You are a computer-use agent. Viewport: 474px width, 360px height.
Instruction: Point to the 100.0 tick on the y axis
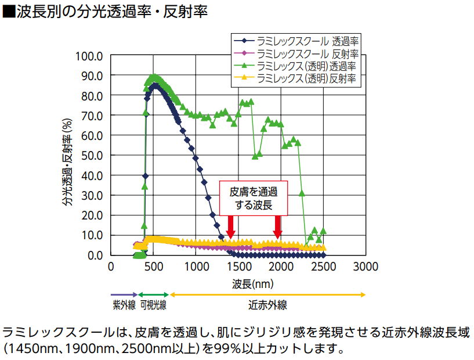(89, 56)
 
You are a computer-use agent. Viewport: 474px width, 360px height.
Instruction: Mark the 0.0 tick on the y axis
(94, 255)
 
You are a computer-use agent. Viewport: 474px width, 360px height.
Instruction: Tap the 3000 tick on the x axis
(365, 267)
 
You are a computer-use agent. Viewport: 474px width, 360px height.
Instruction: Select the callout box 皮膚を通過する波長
(254, 198)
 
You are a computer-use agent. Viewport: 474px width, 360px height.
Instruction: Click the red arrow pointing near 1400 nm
(230, 226)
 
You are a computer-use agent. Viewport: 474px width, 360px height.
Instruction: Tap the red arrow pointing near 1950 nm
(278, 226)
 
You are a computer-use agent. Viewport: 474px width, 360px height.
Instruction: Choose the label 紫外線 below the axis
(124, 305)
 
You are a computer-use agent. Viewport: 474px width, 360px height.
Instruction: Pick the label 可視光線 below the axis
(153, 305)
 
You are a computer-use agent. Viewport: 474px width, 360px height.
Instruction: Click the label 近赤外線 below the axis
(268, 305)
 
